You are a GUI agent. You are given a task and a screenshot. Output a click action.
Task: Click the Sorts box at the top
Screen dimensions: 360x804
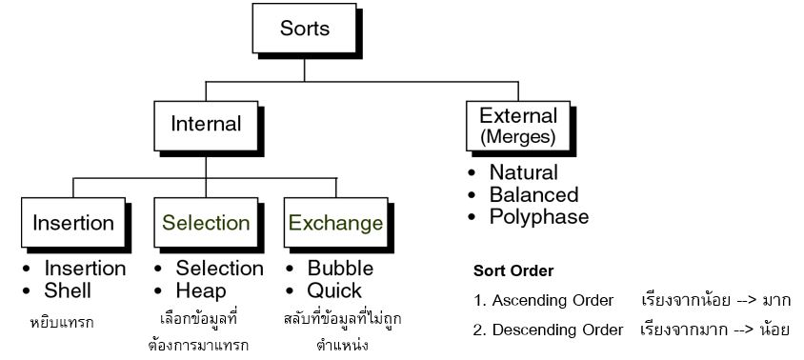pos(305,30)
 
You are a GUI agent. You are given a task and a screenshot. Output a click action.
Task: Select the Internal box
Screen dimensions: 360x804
pos(206,125)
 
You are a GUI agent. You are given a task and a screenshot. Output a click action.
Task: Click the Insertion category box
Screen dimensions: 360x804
pos(73,224)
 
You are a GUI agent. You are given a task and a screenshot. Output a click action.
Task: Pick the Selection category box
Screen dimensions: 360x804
pos(206,224)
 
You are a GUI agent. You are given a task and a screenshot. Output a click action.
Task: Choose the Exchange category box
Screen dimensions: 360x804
pos(335,224)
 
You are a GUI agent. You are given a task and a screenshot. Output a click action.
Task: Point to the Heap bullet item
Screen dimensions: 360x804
pos(201,290)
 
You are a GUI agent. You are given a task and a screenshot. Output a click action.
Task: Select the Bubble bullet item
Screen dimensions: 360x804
pos(340,269)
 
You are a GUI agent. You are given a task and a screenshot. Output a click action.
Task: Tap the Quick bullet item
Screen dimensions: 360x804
pos(333,290)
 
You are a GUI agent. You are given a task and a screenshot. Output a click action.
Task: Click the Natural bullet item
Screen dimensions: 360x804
pos(523,173)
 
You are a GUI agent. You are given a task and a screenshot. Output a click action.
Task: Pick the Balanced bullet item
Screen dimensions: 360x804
pos(533,195)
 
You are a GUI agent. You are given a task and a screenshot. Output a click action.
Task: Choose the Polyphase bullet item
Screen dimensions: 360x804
pos(538,217)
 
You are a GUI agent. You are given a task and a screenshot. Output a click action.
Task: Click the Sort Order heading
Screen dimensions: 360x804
pos(513,270)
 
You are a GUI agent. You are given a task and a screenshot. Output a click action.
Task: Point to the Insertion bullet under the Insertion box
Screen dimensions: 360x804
pos(85,269)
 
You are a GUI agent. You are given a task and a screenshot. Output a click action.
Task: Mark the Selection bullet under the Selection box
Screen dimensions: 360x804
pos(219,269)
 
